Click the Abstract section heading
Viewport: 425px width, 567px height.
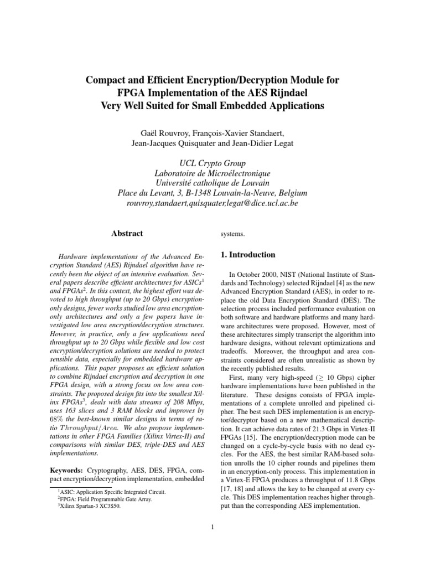127,234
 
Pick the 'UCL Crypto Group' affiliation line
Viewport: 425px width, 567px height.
212,163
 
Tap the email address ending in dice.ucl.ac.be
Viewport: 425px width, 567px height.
212,203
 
